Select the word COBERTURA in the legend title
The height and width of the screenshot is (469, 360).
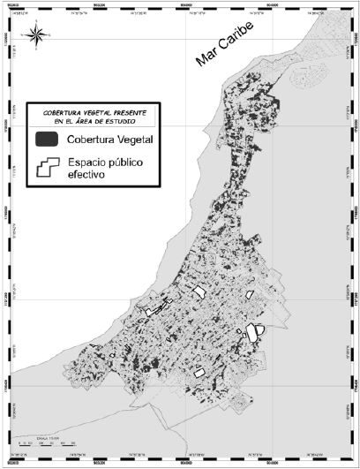68,114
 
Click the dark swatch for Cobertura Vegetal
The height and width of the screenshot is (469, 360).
47,140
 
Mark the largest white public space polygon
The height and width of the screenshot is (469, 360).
253,334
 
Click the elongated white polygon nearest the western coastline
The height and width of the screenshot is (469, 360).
155,310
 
